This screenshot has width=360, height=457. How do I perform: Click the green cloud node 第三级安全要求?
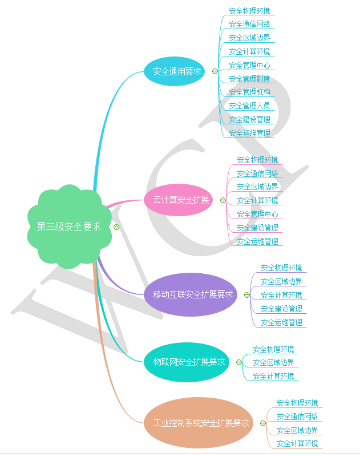click(x=69, y=227)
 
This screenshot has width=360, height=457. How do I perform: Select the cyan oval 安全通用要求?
click(x=177, y=71)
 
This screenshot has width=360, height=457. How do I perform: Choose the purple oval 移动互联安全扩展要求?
click(x=193, y=295)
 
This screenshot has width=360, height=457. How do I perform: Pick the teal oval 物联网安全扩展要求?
click(x=189, y=362)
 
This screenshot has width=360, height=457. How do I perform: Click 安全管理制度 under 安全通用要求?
click(x=249, y=79)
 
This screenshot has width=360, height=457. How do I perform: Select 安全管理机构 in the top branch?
click(x=249, y=92)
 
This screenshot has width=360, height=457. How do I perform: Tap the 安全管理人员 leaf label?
click(x=249, y=106)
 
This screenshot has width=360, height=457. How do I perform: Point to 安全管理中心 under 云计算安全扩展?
click(x=257, y=214)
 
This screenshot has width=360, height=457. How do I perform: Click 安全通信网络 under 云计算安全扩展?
click(x=257, y=173)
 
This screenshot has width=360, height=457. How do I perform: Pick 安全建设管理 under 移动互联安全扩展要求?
click(x=281, y=309)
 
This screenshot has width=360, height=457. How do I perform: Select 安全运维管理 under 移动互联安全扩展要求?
click(x=281, y=322)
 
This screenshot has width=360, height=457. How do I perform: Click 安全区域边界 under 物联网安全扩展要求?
click(x=273, y=362)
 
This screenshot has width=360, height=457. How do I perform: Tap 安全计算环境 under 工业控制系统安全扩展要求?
click(x=297, y=443)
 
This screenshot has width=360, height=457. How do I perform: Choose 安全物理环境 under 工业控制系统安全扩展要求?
click(x=297, y=403)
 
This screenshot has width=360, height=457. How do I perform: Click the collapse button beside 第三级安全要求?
click(x=116, y=227)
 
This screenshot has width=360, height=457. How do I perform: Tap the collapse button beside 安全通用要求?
click(x=215, y=71)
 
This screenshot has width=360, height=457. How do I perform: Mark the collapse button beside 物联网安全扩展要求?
click(x=238, y=362)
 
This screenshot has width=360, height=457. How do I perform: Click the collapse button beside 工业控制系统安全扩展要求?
click(x=262, y=423)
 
